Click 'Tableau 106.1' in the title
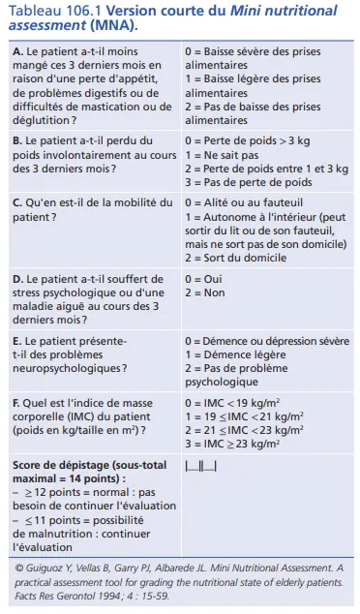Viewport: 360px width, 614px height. tap(48, 11)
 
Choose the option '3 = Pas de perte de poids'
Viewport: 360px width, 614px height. tap(249, 182)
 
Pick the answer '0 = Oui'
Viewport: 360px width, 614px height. tap(205, 279)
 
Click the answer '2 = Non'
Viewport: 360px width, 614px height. tap(207, 292)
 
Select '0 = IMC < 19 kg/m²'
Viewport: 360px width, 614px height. tap(240, 402)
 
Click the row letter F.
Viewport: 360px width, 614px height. tap(16, 402)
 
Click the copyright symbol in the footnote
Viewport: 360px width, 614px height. tap(19, 568)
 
